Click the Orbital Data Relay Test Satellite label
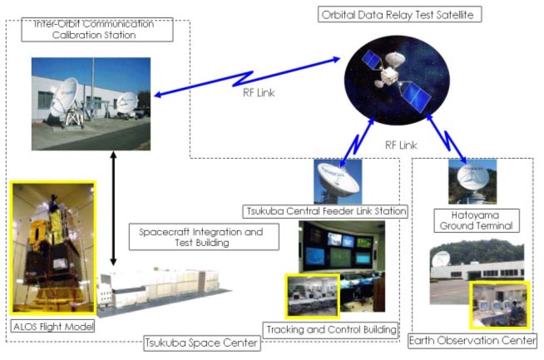[x=399, y=15]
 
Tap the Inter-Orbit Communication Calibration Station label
[x=97, y=30]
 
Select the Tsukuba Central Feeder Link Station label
[x=325, y=211]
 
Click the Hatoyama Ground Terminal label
[x=477, y=220]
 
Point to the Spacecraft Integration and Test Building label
[x=204, y=237]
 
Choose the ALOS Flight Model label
[x=53, y=327]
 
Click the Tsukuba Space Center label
[x=202, y=343]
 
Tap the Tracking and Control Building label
[x=331, y=329]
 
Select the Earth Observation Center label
[x=472, y=341]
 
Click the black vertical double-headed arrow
[x=113, y=209]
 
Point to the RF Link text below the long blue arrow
[x=259, y=92]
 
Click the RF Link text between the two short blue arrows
[x=401, y=145]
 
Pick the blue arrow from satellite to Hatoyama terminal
[x=447, y=139]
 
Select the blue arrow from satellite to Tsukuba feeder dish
[x=357, y=142]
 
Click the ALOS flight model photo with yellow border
[x=53, y=248]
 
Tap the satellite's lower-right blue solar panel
[x=414, y=96]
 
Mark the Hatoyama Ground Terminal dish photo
[x=472, y=181]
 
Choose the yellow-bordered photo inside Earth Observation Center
[x=500, y=305]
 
